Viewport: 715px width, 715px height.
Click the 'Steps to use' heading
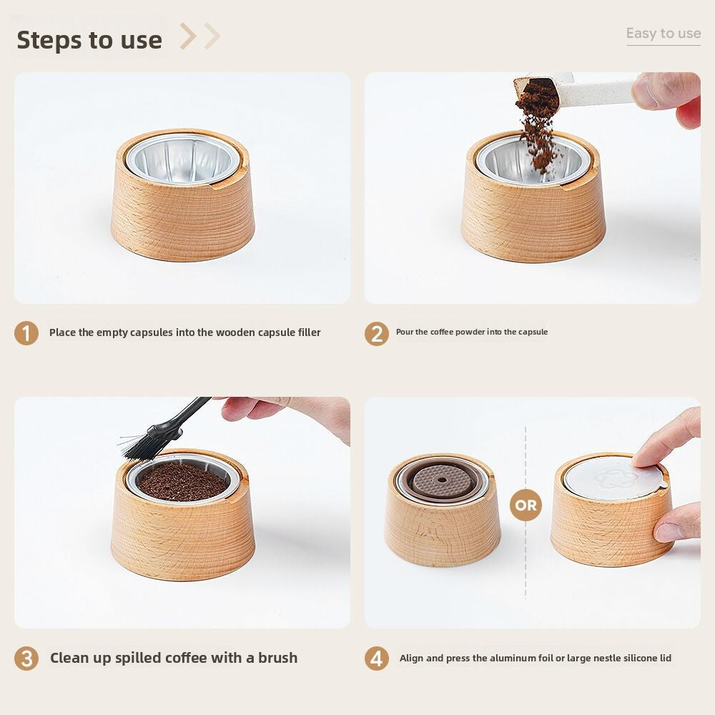tap(89, 40)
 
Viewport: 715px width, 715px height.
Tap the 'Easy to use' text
tap(664, 34)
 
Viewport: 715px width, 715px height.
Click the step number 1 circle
tap(26, 333)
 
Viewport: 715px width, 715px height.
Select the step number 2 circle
tap(377, 333)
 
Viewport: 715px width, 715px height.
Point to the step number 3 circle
tap(26, 659)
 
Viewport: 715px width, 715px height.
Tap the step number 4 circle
tap(377, 659)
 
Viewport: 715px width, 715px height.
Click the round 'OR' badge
tap(526, 505)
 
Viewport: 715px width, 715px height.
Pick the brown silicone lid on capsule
tap(441, 481)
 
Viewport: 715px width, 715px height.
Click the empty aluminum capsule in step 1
tap(183, 158)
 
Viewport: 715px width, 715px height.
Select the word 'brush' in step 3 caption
tap(277, 658)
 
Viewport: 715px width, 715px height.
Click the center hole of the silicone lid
tap(442, 480)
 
